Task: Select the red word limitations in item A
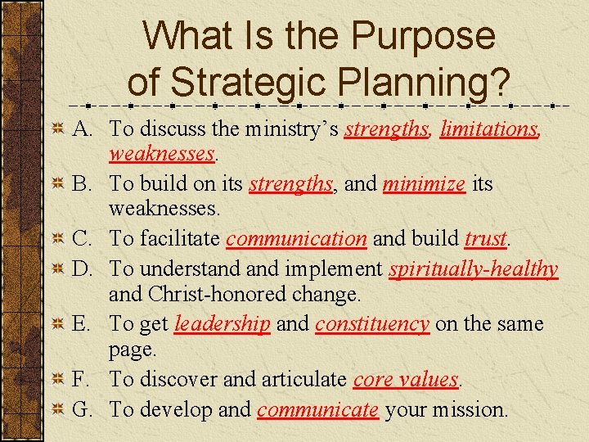point(490,129)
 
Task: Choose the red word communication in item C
point(296,239)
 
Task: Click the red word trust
point(486,239)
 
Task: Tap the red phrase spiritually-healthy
point(474,268)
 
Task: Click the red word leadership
point(222,324)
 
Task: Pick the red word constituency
point(372,324)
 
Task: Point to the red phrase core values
point(407,380)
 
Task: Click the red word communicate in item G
point(318,408)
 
